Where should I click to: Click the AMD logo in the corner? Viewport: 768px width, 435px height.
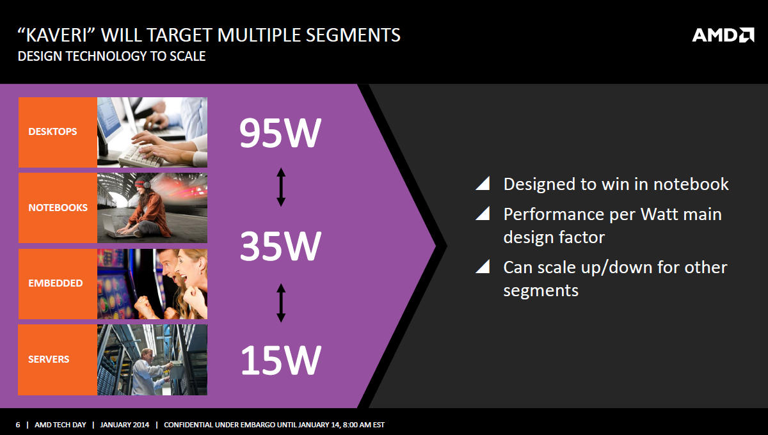tap(723, 35)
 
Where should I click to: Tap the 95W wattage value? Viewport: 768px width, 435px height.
tap(280, 133)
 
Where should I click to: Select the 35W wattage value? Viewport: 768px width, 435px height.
tap(280, 246)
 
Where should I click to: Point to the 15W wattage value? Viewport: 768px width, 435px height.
tap(281, 360)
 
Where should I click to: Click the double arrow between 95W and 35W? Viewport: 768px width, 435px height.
tap(281, 187)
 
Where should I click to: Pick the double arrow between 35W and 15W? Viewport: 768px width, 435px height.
tap(281, 303)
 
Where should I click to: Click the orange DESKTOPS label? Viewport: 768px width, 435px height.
tap(58, 132)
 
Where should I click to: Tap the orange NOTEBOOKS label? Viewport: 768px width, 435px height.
tap(58, 208)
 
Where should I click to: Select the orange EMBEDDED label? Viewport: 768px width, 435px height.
tap(58, 284)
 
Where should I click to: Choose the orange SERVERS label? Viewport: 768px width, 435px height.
tap(58, 360)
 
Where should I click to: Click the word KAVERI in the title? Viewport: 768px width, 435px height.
tap(56, 35)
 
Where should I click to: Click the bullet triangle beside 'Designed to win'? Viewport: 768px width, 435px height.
tap(483, 184)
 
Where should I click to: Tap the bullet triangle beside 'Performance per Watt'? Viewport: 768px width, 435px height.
tap(483, 214)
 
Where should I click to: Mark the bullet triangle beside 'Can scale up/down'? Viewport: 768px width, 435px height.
tap(483, 267)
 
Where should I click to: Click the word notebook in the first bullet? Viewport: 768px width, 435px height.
tap(691, 184)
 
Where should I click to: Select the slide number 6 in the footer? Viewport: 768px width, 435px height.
tap(18, 425)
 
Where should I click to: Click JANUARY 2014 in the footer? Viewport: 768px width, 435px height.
tap(124, 425)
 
